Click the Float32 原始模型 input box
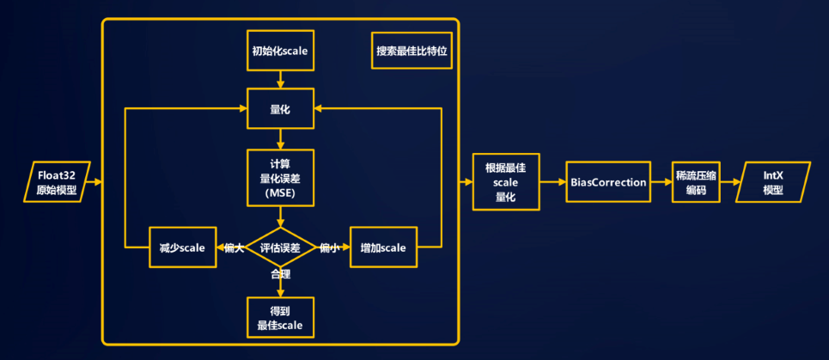click(58, 183)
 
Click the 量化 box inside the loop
click(280, 109)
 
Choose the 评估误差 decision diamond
click(280, 248)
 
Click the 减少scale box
click(180, 248)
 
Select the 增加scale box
click(383, 248)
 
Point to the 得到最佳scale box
click(280, 318)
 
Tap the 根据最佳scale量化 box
click(507, 183)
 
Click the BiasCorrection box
click(607, 183)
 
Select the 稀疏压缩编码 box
click(696, 183)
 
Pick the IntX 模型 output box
click(774, 183)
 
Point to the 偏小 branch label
click(328, 248)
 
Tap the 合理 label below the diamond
click(280, 275)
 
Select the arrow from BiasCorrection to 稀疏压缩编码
click(660, 183)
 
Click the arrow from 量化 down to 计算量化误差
click(280, 139)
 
